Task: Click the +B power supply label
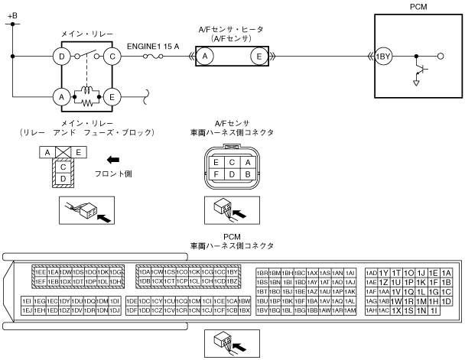tap(11, 15)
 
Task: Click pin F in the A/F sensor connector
tap(217, 174)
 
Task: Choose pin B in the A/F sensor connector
tap(246, 174)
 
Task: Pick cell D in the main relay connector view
tap(65, 178)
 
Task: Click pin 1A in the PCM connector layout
tap(447, 272)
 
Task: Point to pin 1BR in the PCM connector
tap(262, 272)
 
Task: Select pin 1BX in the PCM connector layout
tap(245, 310)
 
